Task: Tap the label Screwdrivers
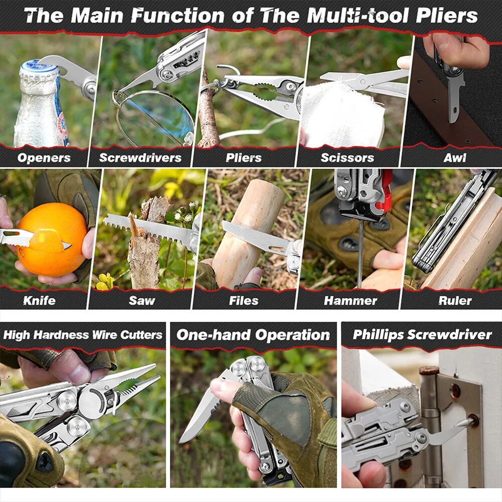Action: [140, 158]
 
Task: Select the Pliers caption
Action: [243, 158]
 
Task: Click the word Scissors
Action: [347, 158]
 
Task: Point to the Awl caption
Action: [455, 158]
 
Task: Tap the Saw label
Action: [142, 300]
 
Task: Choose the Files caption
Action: [243, 300]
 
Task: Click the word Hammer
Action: [350, 300]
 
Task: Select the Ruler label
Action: [455, 300]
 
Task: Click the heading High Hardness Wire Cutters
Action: [83, 335]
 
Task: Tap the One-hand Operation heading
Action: [253, 335]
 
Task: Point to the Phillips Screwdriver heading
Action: [422, 335]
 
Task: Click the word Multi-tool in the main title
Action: [357, 16]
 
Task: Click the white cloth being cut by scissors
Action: [342, 115]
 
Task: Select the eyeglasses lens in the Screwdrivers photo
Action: [157, 117]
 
